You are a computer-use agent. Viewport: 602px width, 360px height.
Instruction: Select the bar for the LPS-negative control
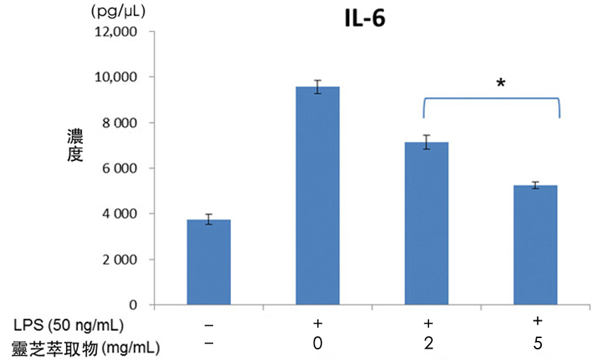coord(208,262)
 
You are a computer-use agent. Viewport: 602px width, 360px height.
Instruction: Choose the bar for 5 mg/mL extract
coord(535,245)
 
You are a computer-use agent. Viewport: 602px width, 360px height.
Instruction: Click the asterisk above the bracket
coord(501,84)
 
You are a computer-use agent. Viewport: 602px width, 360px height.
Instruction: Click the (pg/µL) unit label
coord(120,11)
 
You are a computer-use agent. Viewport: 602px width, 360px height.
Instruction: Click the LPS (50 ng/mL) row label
coord(68,326)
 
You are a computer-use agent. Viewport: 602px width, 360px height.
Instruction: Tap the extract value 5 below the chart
coord(536,345)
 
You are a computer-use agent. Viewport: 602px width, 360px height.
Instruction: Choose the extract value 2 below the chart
coord(426,345)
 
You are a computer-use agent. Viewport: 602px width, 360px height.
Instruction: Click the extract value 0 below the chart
coord(317,345)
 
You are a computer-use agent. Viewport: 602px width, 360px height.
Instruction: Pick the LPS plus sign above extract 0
coord(317,324)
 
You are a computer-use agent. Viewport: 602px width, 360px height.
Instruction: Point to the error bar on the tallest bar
coord(317,86)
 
